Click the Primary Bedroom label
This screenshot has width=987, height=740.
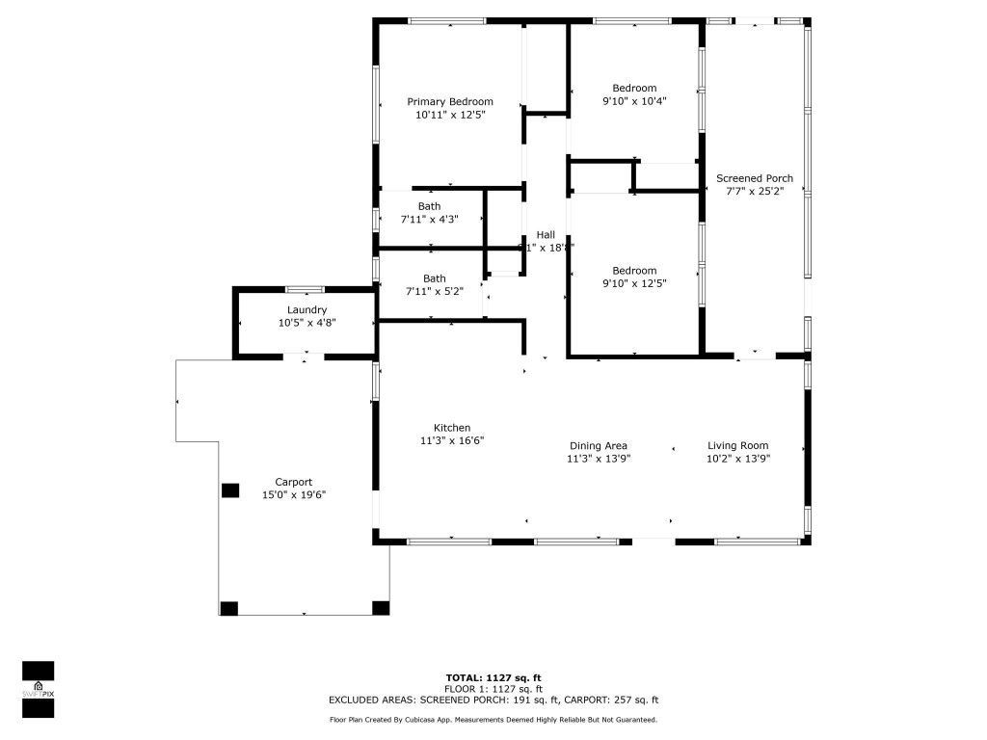click(450, 101)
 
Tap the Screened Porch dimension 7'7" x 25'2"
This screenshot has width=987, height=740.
click(755, 192)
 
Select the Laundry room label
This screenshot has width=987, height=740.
click(307, 309)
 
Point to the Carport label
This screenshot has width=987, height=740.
click(293, 482)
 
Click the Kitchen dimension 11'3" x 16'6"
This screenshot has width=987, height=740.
click(451, 440)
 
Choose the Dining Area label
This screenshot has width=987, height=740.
click(598, 445)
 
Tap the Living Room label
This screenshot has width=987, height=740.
click(737, 445)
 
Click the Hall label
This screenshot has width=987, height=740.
click(546, 234)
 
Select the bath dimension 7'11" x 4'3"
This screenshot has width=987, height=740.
click(429, 220)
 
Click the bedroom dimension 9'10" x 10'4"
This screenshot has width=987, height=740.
click(634, 101)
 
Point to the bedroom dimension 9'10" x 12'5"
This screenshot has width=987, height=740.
click(634, 283)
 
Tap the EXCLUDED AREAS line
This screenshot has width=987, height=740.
click(493, 700)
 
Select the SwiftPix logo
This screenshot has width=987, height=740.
click(38, 689)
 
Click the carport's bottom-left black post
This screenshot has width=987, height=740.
click(228, 608)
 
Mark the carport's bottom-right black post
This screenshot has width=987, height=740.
click(381, 608)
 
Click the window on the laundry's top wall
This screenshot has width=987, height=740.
click(305, 289)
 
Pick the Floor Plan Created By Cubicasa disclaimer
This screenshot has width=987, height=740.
click(493, 720)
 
